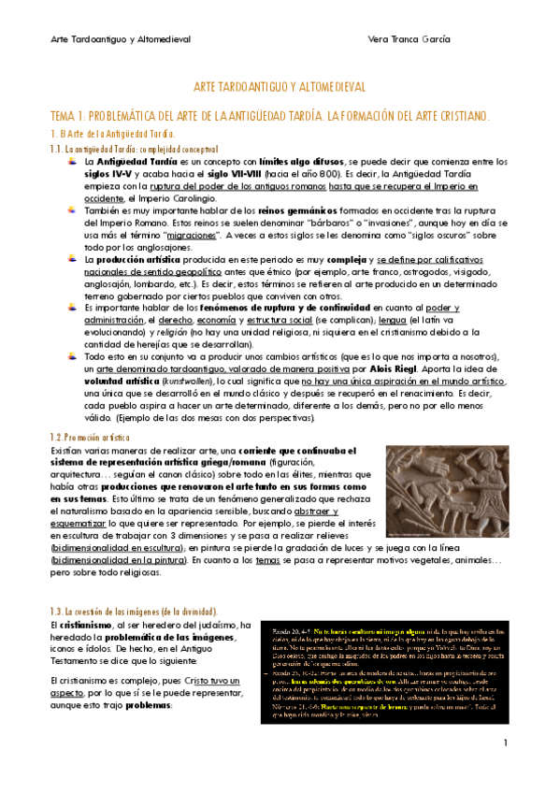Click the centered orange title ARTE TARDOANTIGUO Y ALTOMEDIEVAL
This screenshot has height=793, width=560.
tap(280, 86)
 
